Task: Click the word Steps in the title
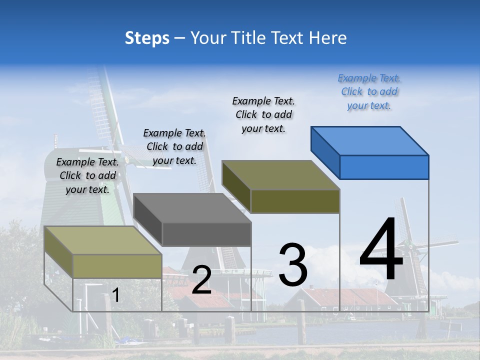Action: tap(147, 38)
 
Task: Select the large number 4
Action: tap(381, 250)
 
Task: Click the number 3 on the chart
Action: tap(292, 265)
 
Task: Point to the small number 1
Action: tap(115, 295)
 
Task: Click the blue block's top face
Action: tap(369, 140)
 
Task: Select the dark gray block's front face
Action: tap(206, 234)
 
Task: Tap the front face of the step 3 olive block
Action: tap(295, 201)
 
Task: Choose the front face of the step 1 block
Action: tap(117, 266)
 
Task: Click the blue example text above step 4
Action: tap(369, 92)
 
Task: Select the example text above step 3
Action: tap(263, 115)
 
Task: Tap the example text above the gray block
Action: tap(174, 146)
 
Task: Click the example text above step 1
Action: tap(87, 176)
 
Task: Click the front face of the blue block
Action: tap(384, 167)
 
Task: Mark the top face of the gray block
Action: tap(192, 208)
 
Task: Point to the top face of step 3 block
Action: tap(280, 175)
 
